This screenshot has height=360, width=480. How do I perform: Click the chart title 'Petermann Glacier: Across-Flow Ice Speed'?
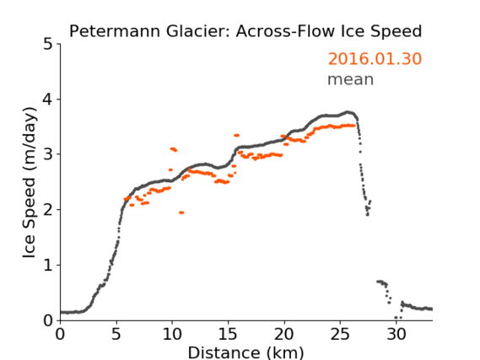coord(245,31)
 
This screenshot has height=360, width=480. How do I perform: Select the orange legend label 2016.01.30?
coord(375,59)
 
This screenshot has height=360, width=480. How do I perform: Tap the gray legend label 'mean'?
coord(351,79)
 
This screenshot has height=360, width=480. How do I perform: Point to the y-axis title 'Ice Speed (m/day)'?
coord(30,182)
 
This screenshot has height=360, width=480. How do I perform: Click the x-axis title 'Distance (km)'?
coord(245,352)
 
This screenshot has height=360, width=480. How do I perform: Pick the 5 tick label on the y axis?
coord(48,45)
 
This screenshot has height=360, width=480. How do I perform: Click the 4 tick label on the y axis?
coord(48,99)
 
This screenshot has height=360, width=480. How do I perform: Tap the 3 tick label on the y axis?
coord(48,154)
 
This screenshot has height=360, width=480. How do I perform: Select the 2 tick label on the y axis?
coord(48,210)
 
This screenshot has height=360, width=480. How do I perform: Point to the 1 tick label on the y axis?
coord(48,265)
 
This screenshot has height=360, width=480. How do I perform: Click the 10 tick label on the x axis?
coord(172,334)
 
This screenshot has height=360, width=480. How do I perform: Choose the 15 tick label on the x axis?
coord(228,334)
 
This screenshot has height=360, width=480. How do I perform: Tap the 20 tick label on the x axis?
coord(284,334)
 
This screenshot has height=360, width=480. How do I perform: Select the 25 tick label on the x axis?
coord(340,334)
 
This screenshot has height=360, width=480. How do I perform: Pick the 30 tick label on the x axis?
coord(396,334)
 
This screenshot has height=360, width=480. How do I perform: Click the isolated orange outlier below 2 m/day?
coord(181,212)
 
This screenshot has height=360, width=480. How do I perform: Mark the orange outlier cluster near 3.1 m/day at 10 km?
coord(174,149)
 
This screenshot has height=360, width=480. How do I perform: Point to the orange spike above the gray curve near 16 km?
coord(237,135)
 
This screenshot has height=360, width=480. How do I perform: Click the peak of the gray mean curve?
coord(348,112)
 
